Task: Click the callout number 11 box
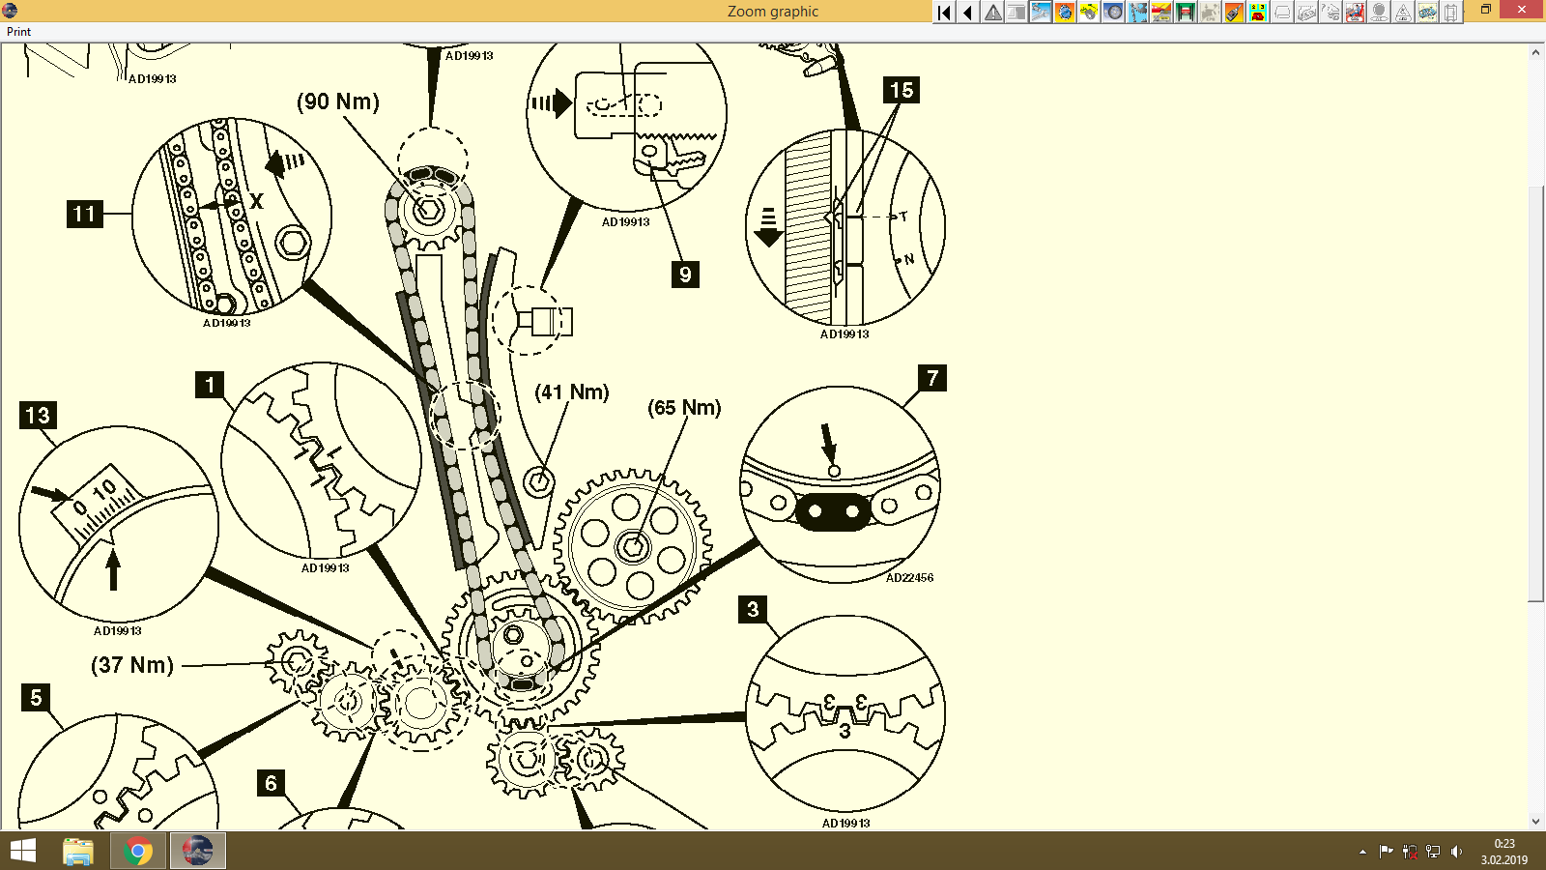click(84, 214)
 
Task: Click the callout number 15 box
click(901, 90)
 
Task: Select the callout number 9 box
click(685, 274)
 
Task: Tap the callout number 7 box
click(931, 378)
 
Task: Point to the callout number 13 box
click(38, 416)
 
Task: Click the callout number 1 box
click(210, 385)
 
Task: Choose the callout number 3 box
click(753, 609)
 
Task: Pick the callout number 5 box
click(36, 697)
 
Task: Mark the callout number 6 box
click(271, 783)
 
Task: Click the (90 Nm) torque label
click(337, 101)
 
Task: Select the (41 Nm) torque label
click(572, 392)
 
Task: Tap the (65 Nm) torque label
click(684, 408)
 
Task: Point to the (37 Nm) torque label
click(132, 665)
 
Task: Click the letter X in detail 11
click(256, 201)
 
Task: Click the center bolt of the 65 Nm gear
click(632, 547)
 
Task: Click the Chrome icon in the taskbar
click(137, 852)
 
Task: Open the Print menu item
click(18, 32)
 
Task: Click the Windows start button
click(22, 852)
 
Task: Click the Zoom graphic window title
click(772, 12)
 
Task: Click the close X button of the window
click(1523, 10)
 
